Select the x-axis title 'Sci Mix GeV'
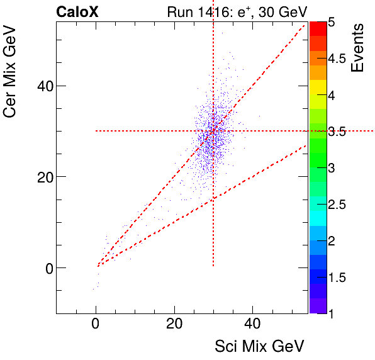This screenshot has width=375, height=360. point(260,346)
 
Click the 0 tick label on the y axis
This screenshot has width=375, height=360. point(45,268)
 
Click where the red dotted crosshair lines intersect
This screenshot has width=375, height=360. point(213,131)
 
